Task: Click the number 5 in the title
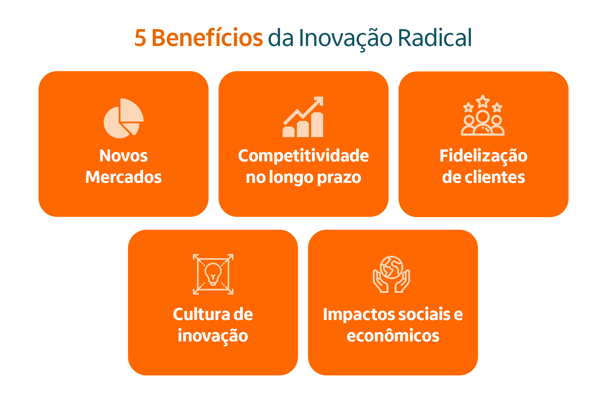click(140, 38)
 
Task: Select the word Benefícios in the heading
click(207, 38)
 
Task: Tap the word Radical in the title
click(435, 38)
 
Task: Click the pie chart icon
click(123, 118)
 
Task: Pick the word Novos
click(123, 156)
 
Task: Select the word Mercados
click(123, 177)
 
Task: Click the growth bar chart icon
click(303, 117)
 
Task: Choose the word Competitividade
click(303, 156)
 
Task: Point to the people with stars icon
click(483, 115)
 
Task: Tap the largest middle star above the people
click(483, 101)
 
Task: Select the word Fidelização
click(483, 156)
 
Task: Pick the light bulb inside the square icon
click(213, 274)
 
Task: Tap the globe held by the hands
click(391, 267)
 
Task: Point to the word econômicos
click(393, 336)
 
